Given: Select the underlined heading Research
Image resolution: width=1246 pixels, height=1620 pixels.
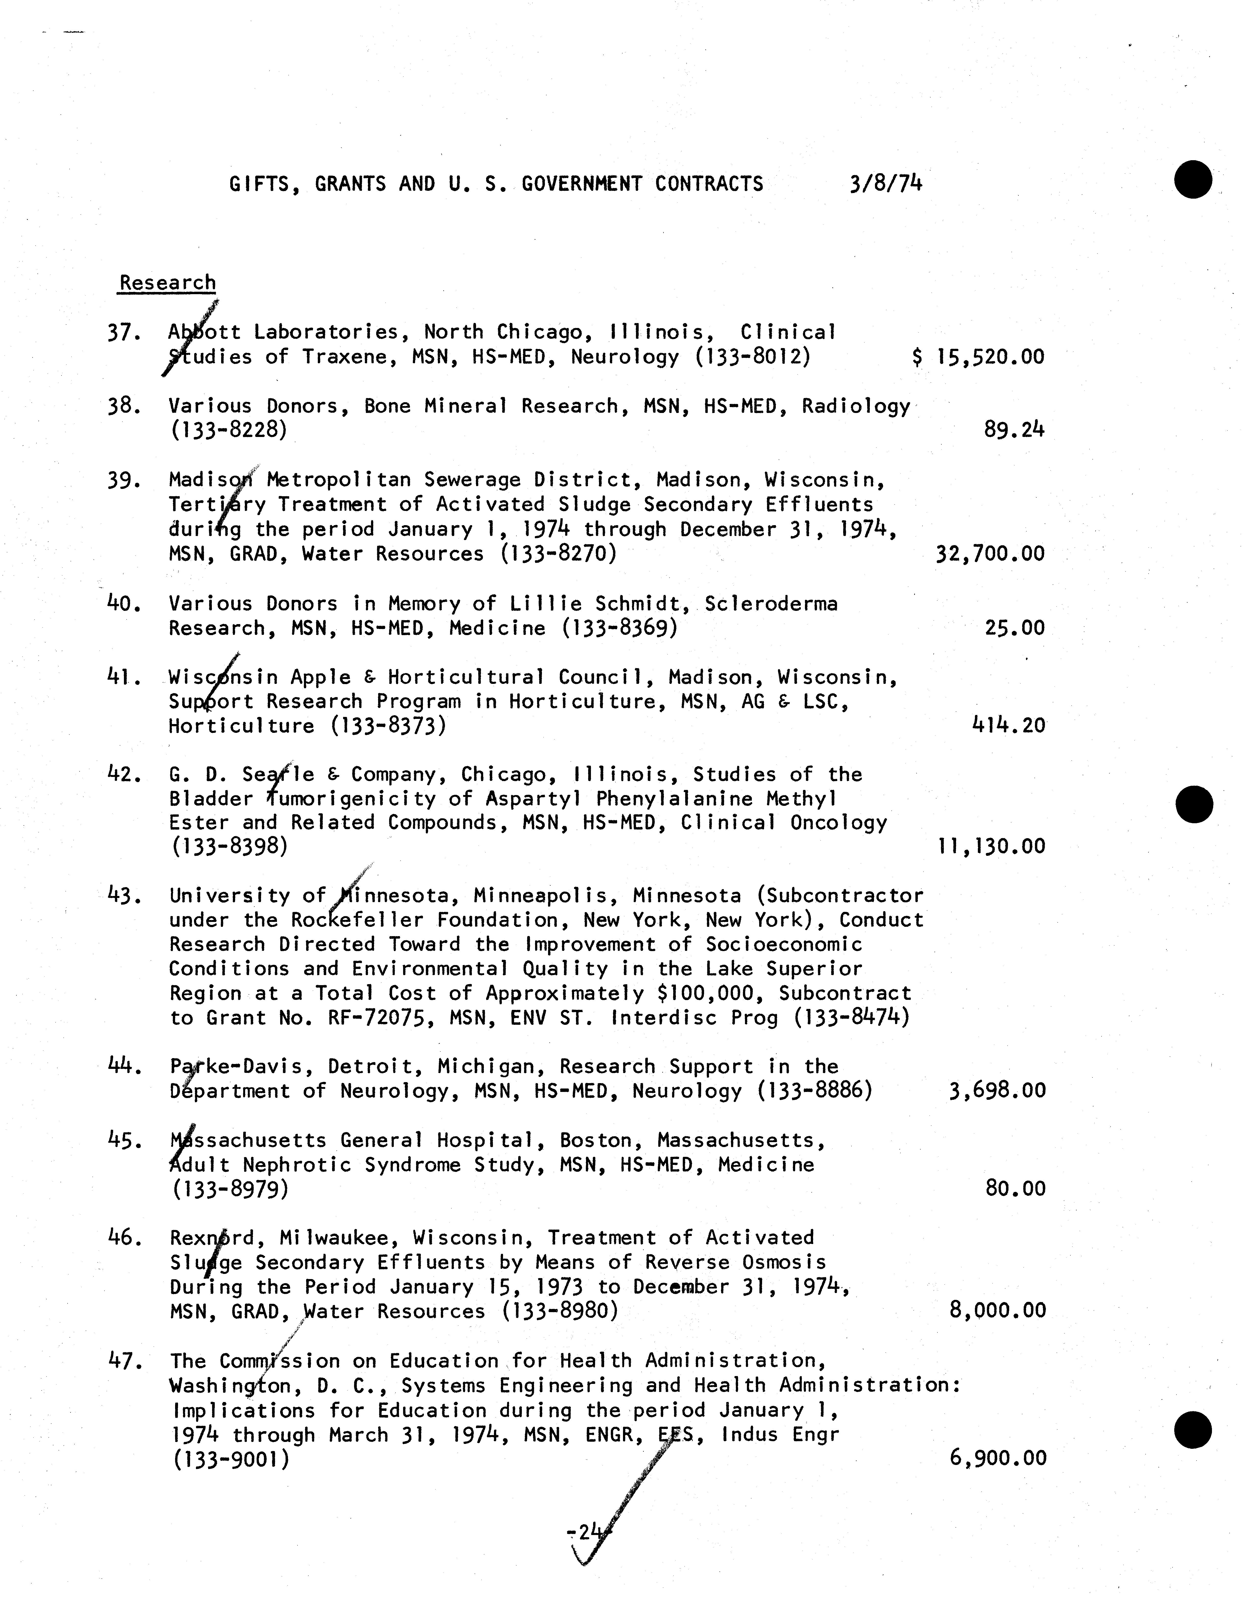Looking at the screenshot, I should click(x=168, y=283).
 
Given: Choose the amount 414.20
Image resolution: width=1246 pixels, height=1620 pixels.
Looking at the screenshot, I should click(x=1009, y=725).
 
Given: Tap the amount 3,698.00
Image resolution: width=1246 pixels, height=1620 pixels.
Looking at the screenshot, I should click(x=997, y=1090).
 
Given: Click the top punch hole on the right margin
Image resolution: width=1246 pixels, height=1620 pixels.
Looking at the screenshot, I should click(x=1193, y=180).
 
